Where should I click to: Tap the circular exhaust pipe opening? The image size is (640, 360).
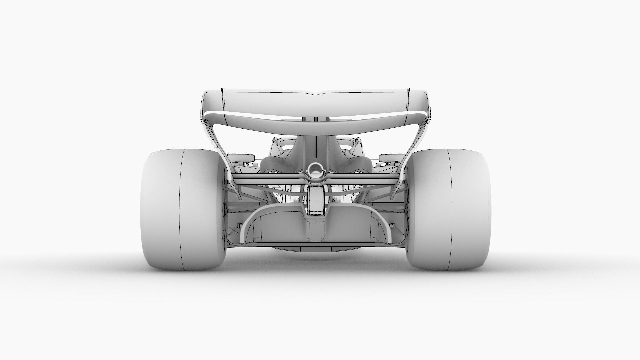point(315,169)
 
